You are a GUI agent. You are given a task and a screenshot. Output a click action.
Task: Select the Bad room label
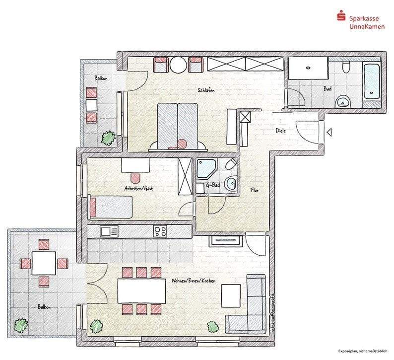coord(328,89)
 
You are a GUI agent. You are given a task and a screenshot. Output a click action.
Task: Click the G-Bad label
coord(213,186)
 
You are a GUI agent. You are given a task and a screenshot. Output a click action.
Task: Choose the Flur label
coord(255,190)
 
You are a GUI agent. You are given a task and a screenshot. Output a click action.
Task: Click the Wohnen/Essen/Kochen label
coord(193,281)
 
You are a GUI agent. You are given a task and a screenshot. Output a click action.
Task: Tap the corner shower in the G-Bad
coord(205,168)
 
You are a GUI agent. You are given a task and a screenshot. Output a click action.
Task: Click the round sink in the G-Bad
coord(230,184)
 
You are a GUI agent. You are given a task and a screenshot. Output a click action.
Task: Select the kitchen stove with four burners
coord(160,230)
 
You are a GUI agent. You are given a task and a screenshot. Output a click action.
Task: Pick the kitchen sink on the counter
coord(108,231)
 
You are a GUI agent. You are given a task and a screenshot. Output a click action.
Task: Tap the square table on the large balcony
coord(44,263)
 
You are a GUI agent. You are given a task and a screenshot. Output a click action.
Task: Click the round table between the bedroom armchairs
coord(178,64)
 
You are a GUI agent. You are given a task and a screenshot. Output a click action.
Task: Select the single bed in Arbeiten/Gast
coord(110,207)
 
